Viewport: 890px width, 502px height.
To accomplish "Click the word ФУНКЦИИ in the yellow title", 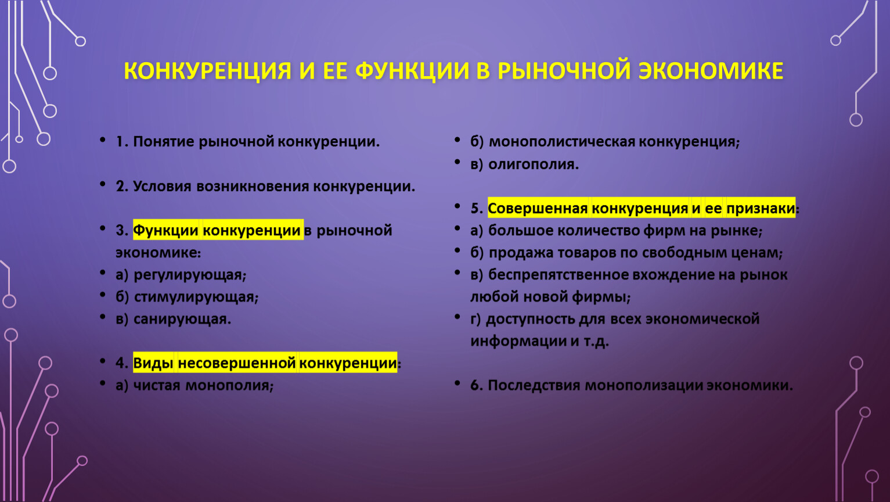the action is coord(412,71).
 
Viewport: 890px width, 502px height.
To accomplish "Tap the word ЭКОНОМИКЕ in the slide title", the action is coord(711,71).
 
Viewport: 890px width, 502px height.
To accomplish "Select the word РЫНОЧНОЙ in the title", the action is coord(564,71).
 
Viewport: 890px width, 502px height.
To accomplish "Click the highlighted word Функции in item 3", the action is coord(165,230).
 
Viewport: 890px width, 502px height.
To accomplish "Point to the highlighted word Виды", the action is coord(153,363).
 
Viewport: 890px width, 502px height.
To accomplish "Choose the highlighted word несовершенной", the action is coord(237,363).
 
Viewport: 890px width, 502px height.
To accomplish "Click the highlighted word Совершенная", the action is coord(538,209).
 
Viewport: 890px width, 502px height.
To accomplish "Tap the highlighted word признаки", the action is coord(761,209).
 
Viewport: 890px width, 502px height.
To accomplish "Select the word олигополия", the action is coord(533,164).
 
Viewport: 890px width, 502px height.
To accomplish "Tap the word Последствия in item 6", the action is coord(534,385).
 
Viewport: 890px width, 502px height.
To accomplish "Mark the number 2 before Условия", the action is coord(120,187).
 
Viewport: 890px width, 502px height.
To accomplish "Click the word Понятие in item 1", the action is coord(164,142).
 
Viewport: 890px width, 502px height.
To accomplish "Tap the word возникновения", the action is coord(253,187).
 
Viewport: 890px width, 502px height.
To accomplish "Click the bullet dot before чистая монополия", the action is coord(103,384).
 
